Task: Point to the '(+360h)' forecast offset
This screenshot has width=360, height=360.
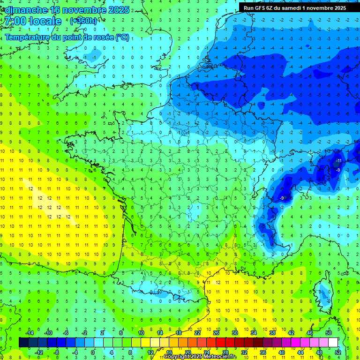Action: pyautogui.click(x=83, y=21)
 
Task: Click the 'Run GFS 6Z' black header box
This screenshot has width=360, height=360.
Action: pyautogui.click(x=295, y=7)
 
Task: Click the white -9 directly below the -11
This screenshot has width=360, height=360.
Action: pyautogui.click(x=338, y=170)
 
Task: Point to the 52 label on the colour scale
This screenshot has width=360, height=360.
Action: pyautogui.click(x=338, y=352)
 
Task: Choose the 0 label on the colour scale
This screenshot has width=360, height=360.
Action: pyautogui.click(x=93, y=352)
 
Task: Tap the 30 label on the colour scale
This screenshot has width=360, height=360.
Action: pyautogui.click(x=234, y=333)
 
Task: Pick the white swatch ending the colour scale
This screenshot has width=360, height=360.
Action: pyautogui.click(x=333, y=343)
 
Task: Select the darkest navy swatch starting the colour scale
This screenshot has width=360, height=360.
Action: pyautogui.click(x=23, y=343)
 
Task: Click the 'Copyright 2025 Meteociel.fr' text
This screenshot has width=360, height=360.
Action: pyautogui.click(x=200, y=357)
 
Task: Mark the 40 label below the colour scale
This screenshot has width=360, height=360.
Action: pyautogui.click(x=281, y=352)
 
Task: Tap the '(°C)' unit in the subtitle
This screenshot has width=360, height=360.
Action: pyautogui.click(x=122, y=37)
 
